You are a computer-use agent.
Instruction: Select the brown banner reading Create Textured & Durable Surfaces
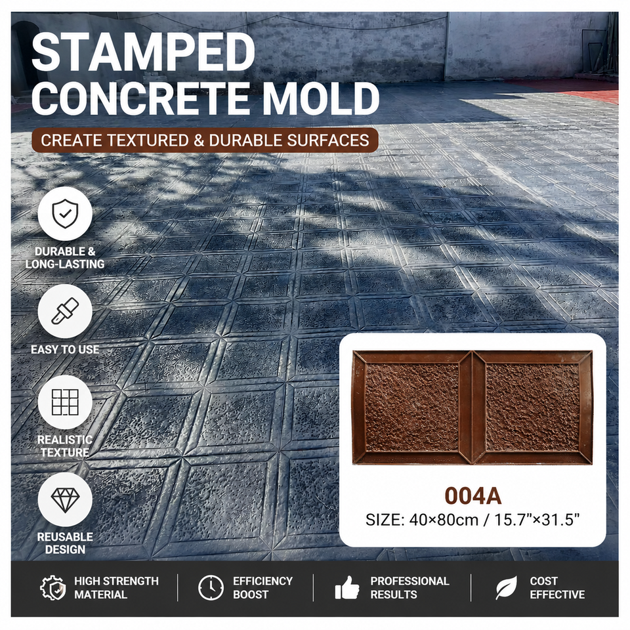tap(205, 140)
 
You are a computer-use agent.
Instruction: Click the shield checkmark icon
tap(65, 214)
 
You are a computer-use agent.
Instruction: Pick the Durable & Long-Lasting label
tap(65, 257)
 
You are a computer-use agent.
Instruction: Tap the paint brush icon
tap(65, 311)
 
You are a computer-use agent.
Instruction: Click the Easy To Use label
tap(65, 349)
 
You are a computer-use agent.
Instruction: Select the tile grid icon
tap(65, 402)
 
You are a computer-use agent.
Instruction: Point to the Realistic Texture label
tap(65, 446)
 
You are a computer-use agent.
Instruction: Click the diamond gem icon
tap(65, 500)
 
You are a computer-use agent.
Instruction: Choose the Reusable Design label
tap(65, 543)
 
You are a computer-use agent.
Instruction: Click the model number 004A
tap(473, 496)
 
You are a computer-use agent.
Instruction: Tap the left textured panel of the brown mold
tap(412, 407)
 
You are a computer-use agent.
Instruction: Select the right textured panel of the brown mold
tap(532, 407)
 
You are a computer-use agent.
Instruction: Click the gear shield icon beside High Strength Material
tap(53, 588)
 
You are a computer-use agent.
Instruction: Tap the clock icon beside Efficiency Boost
tap(211, 588)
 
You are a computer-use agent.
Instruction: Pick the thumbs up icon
tap(347, 588)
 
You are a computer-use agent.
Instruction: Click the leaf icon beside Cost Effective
tap(507, 588)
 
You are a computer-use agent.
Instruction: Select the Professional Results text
tap(409, 588)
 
